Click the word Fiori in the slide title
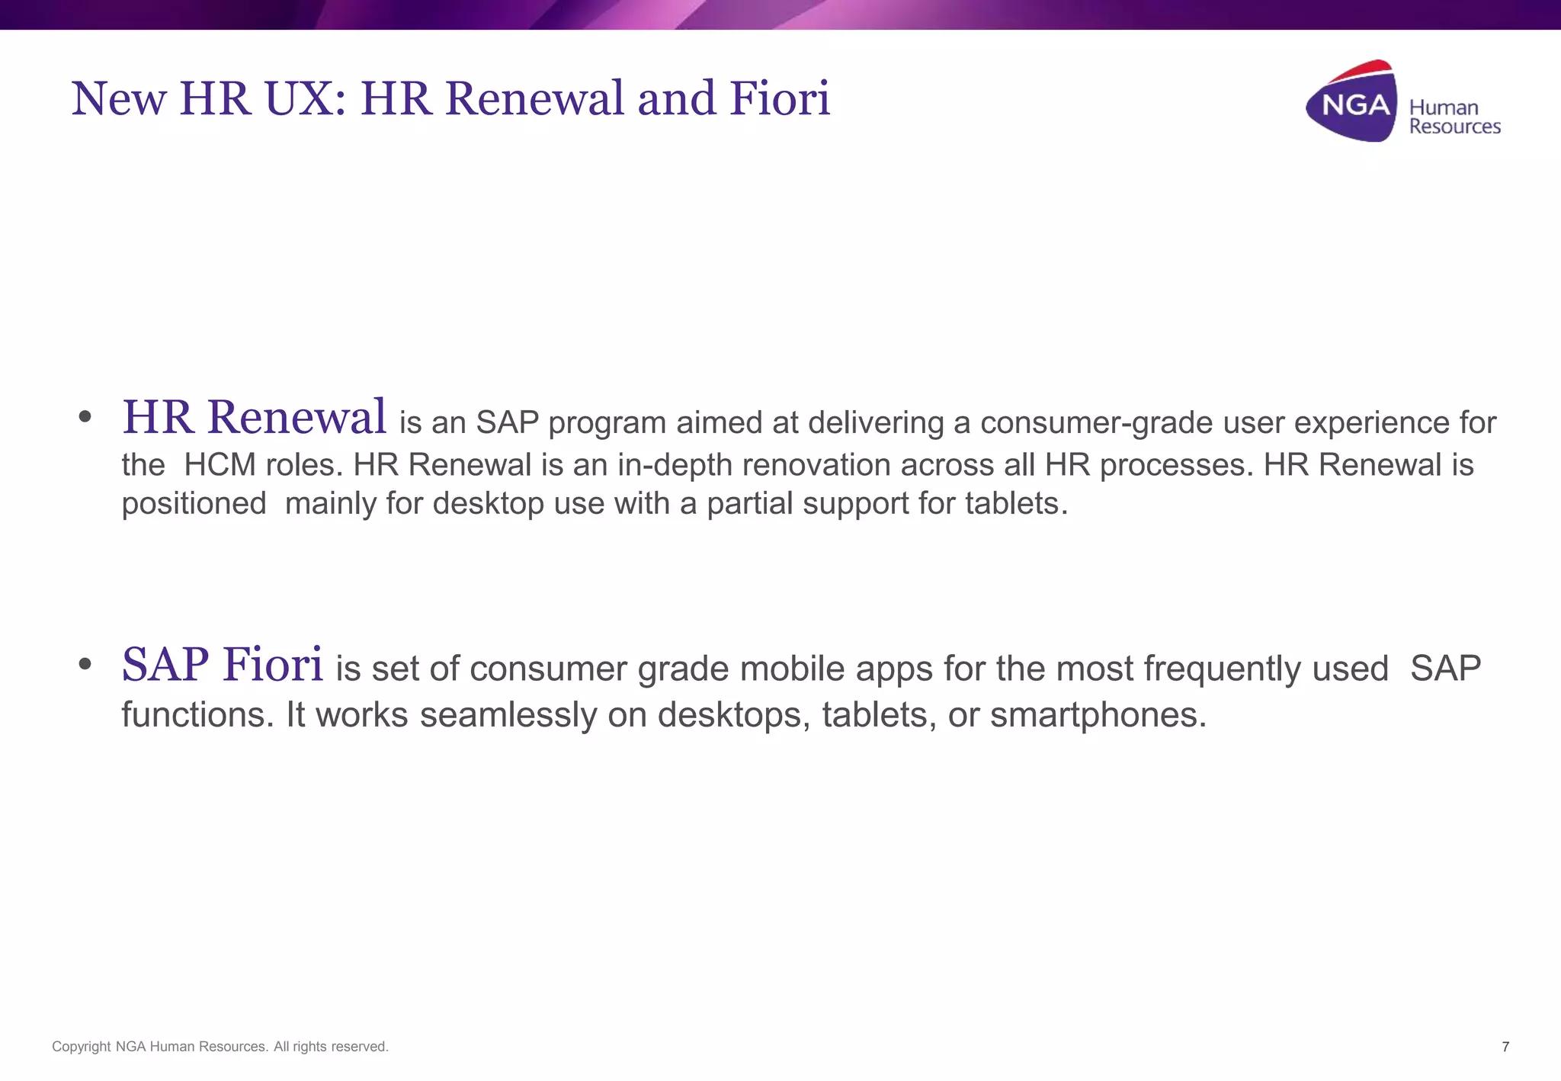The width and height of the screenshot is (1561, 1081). pyautogui.click(x=779, y=98)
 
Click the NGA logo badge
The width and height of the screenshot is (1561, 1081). pyautogui.click(x=1353, y=102)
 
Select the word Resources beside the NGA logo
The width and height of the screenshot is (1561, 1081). pyautogui.click(x=1454, y=127)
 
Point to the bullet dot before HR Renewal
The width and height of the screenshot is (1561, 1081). pyautogui.click(x=85, y=417)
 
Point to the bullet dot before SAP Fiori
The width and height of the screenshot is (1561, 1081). pyautogui.click(x=85, y=664)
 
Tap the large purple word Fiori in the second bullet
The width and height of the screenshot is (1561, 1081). pyautogui.click(x=272, y=664)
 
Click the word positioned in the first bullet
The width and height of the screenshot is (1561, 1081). pyautogui.click(x=194, y=504)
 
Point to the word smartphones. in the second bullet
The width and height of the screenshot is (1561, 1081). pyautogui.click(x=1098, y=715)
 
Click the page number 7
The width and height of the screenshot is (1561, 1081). pyautogui.click(x=1505, y=1047)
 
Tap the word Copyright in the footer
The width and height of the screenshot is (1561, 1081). pyautogui.click(x=81, y=1047)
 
